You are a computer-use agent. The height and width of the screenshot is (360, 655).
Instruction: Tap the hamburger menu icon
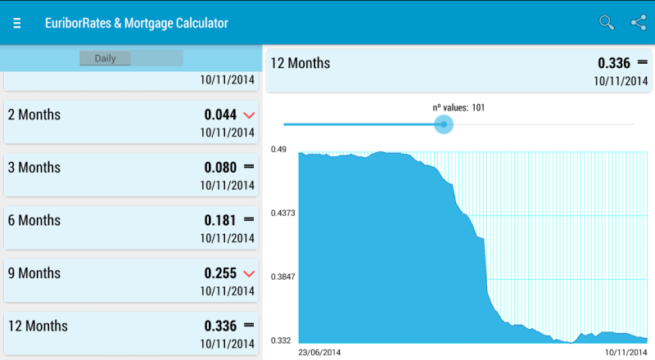click(17, 23)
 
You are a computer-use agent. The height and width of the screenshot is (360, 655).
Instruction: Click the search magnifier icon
click(607, 23)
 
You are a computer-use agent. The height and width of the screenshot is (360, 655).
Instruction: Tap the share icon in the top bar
click(639, 23)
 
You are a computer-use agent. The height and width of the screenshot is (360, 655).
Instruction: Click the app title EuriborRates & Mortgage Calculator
click(137, 23)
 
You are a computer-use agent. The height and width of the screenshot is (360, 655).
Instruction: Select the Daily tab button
click(106, 58)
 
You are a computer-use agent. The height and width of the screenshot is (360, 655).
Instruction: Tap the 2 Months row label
click(34, 115)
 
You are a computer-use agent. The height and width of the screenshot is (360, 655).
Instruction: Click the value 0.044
click(220, 115)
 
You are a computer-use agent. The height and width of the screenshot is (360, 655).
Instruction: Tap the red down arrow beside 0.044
click(250, 115)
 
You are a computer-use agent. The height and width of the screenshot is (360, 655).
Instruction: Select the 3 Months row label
click(34, 168)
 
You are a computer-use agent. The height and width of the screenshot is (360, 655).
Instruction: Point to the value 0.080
click(220, 168)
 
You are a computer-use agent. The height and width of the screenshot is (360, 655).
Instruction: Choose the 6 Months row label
click(34, 220)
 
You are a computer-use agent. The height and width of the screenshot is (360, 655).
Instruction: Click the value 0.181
click(220, 220)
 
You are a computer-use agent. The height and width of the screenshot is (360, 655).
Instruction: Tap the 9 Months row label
click(34, 273)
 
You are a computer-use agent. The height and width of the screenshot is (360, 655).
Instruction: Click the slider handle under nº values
click(444, 124)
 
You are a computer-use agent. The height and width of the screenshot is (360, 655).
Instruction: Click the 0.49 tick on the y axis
click(279, 150)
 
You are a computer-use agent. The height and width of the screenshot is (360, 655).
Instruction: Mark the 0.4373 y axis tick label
click(283, 214)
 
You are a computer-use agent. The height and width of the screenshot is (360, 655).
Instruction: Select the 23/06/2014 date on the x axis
click(319, 352)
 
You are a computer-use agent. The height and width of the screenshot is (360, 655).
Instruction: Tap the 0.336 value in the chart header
click(612, 63)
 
